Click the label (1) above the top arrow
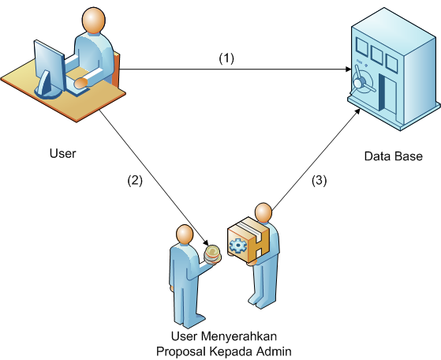(x=226, y=58)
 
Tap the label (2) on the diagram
(x=135, y=181)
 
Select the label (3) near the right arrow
(x=320, y=181)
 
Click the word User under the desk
(x=63, y=154)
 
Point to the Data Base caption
(x=393, y=156)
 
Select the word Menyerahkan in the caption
(x=239, y=336)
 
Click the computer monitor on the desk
(x=49, y=69)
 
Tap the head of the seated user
(x=93, y=21)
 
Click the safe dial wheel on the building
(x=360, y=80)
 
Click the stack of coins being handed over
(x=212, y=254)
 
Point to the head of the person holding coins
(x=185, y=234)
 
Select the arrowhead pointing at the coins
(x=206, y=242)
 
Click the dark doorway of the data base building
(x=382, y=92)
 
